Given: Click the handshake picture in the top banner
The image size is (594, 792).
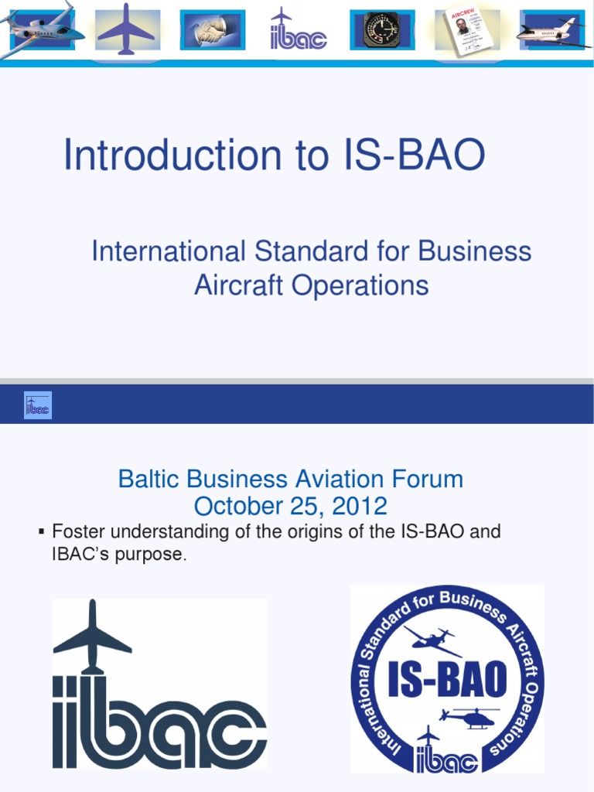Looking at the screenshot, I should tap(212, 30).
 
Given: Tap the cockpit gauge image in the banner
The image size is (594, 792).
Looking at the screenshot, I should tap(382, 30).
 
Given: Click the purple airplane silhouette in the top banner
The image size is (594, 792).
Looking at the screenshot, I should tap(127, 29).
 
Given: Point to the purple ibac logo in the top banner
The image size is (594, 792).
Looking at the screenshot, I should tap(298, 31).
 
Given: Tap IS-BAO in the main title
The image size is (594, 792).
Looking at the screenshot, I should tap(412, 155).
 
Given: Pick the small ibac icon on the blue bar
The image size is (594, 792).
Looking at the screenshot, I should tap(38, 405).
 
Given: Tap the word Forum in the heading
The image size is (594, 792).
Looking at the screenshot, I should tap(428, 479).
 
